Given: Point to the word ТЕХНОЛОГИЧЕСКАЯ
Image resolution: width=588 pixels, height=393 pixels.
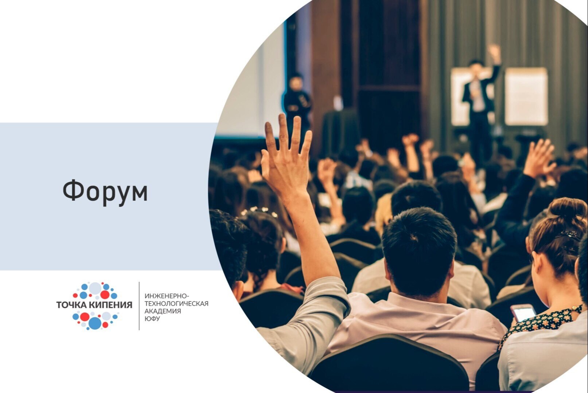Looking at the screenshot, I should click(x=176, y=303).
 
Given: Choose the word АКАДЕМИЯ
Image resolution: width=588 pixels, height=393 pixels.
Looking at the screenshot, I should click(x=163, y=311).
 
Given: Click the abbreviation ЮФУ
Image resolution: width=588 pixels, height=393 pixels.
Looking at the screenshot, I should click(x=152, y=319).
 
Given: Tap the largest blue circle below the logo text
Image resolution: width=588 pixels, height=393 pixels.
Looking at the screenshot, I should click(x=95, y=322).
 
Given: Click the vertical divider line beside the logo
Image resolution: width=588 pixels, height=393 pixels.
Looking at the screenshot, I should click(x=139, y=306).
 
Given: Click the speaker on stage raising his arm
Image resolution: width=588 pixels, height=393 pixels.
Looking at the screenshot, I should click(x=479, y=98).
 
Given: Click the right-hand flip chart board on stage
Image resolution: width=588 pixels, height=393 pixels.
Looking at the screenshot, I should click(x=526, y=97).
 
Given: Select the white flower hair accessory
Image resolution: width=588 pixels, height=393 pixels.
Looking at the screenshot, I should click(x=260, y=211).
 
